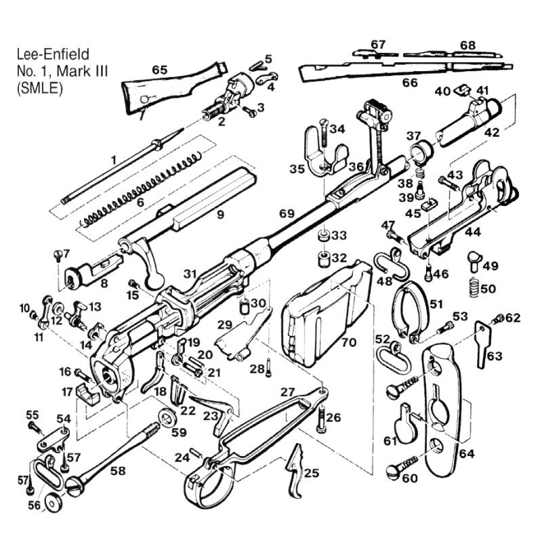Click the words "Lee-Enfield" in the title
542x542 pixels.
click(54, 54)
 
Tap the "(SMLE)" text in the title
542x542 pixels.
click(40, 89)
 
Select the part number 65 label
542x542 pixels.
click(160, 70)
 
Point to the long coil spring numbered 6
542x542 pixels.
click(140, 190)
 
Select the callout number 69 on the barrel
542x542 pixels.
click(287, 214)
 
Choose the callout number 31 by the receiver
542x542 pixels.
click(190, 274)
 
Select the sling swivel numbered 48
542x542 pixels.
click(392, 264)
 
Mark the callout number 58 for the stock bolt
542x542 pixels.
click(118, 471)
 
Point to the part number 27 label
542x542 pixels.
click(287, 392)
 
